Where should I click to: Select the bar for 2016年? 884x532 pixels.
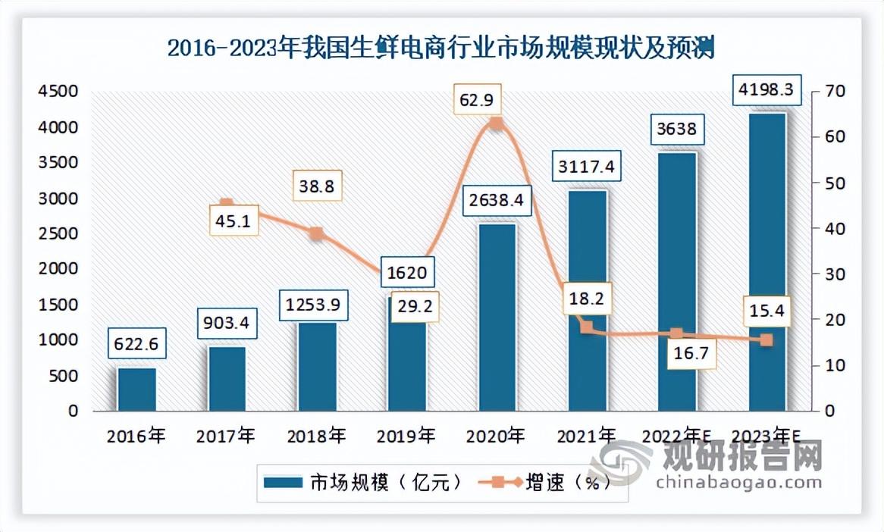pos(136,390)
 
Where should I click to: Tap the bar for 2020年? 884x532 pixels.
pos(497,318)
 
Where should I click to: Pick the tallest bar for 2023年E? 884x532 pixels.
pos(766,261)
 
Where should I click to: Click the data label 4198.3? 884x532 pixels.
pos(766,91)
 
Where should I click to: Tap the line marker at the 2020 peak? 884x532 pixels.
pos(496,124)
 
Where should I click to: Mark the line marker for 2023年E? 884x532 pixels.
pos(766,340)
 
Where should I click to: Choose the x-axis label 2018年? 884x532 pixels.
pos(316,437)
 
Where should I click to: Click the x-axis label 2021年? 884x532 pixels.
pos(586,437)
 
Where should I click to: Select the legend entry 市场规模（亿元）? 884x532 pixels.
pos(362,483)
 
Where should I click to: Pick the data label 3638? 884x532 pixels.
pos(677,130)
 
